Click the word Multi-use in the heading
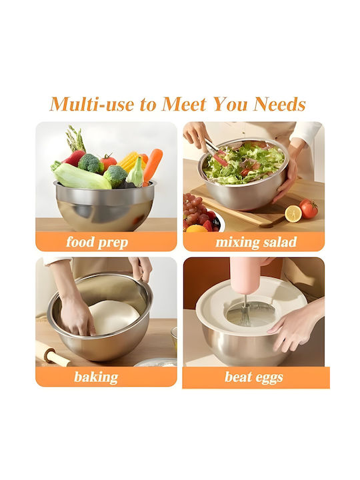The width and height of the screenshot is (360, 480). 92,104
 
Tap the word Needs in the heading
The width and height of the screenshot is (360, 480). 279,104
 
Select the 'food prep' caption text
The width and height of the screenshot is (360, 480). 97,242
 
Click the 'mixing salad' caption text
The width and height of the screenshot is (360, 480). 256,242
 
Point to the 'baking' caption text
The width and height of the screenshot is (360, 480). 96,377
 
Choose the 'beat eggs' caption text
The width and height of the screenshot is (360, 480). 254,377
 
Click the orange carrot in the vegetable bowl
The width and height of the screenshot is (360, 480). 153,165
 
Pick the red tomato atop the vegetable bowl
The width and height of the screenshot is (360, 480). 109,161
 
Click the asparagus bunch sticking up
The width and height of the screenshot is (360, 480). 75,139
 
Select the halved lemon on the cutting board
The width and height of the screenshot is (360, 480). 293,213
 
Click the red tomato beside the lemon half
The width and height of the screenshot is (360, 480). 308,209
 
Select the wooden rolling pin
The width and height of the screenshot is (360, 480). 52,355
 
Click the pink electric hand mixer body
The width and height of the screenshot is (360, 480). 245,275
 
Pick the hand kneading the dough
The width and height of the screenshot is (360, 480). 77,315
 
